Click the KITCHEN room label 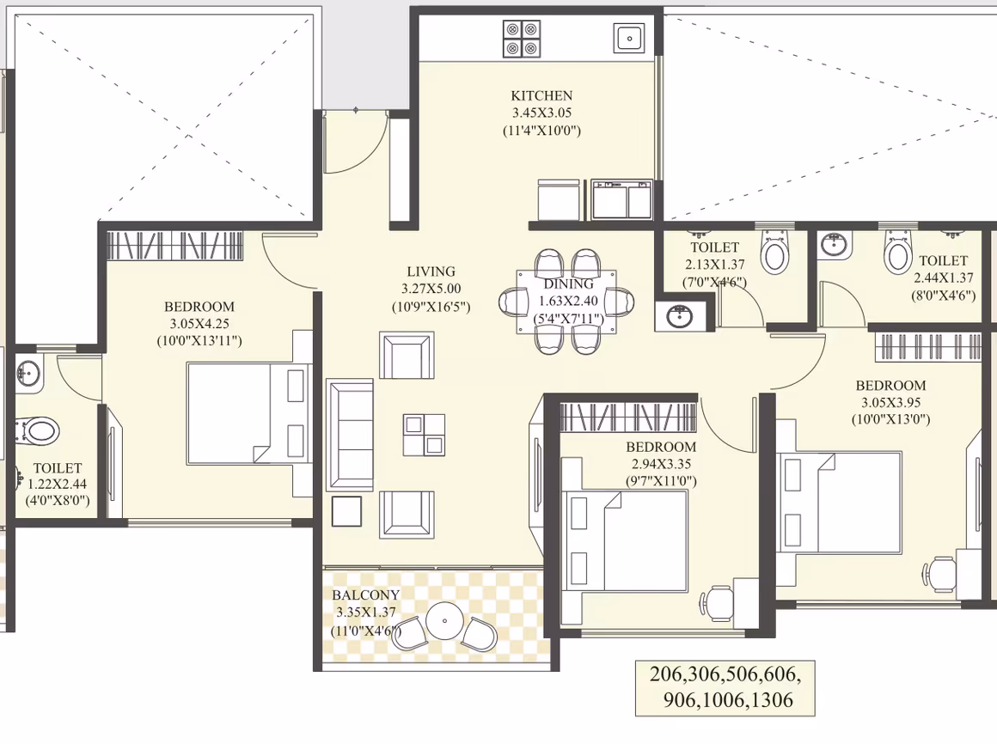541,96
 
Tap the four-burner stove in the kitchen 522,39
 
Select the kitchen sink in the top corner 629,38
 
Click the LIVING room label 431,272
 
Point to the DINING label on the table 568,284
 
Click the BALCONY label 365,595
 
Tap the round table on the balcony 444,619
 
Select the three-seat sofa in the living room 350,436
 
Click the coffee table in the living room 424,435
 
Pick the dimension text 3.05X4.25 199,323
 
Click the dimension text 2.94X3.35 661,465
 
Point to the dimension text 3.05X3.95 890,403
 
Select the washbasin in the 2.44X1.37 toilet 835,246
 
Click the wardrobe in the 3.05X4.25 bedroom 174,246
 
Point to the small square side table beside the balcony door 346,511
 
